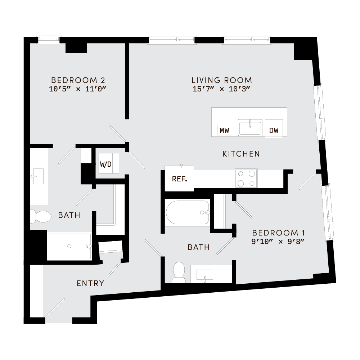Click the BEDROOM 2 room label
tap(78, 80)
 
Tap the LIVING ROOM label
tap(221, 80)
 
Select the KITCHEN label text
tap(241, 154)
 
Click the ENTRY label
tap(90, 283)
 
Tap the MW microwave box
tap(225, 131)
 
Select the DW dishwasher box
tap(274, 131)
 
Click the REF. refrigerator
tap(179, 179)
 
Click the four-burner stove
tap(246, 178)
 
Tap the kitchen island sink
tap(250, 128)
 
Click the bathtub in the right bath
tap(188, 213)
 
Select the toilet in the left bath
tap(40, 217)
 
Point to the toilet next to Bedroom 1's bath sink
tap(179, 273)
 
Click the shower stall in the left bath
tap(69, 246)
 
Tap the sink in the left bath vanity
tap(37, 176)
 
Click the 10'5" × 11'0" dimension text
tap(78, 89)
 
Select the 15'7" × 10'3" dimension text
tap(221, 89)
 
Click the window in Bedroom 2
tap(49, 40)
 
